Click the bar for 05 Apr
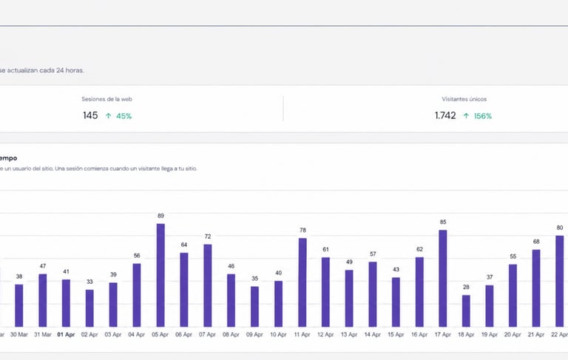pyautogui.click(x=160, y=275)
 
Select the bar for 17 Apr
pyautogui.click(x=443, y=278)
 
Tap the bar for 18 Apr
pyautogui.click(x=466, y=310)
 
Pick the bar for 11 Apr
pyautogui.click(x=302, y=282)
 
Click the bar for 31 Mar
pyautogui.click(x=43, y=300)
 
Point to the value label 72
pyautogui.click(x=208, y=236)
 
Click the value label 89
pyautogui.click(x=160, y=216)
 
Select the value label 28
pyautogui.click(x=466, y=287)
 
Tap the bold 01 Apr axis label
pyautogui.click(x=66, y=334)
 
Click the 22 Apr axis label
pyautogui.click(x=559, y=334)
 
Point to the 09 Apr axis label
pyautogui.click(x=254, y=334)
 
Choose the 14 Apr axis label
pyautogui.click(x=372, y=334)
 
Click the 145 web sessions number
pyautogui.click(x=90, y=115)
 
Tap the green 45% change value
pyautogui.click(x=124, y=116)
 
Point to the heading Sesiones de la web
pyautogui.click(x=107, y=98)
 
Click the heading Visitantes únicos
pyautogui.click(x=464, y=98)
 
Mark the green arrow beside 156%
pyautogui.click(x=466, y=116)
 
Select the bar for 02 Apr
pyautogui.click(x=89, y=308)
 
